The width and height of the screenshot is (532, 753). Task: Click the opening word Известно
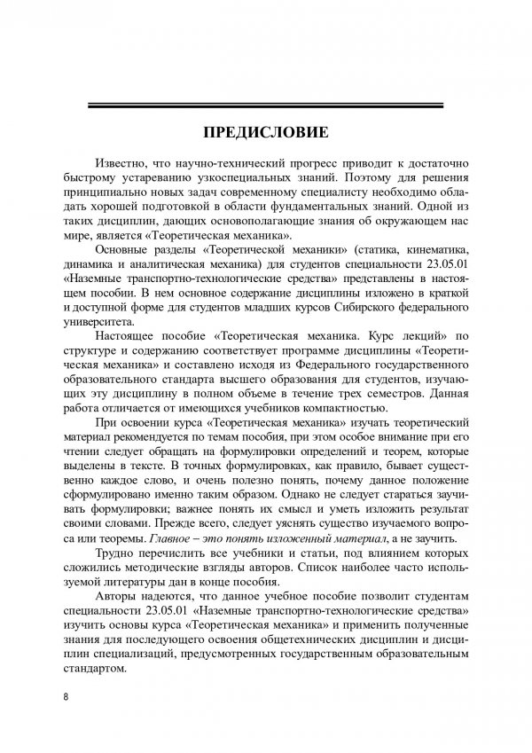(129, 166)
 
